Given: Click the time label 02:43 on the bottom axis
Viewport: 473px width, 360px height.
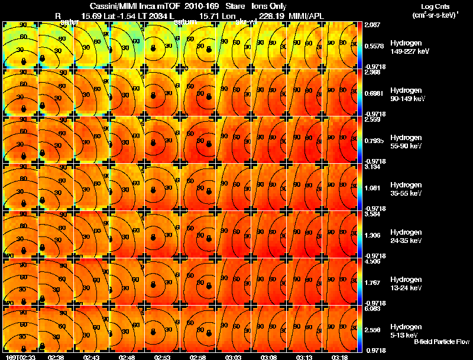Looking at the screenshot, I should click(x=92, y=356).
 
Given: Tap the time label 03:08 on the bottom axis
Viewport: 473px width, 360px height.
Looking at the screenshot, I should click(x=269, y=356).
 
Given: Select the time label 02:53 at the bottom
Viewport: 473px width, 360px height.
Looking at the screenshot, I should click(x=163, y=356).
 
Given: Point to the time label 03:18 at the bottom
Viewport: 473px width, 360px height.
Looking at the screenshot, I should click(x=340, y=356).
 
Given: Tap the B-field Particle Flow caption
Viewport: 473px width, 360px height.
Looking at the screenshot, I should click(x=441, y=341).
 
